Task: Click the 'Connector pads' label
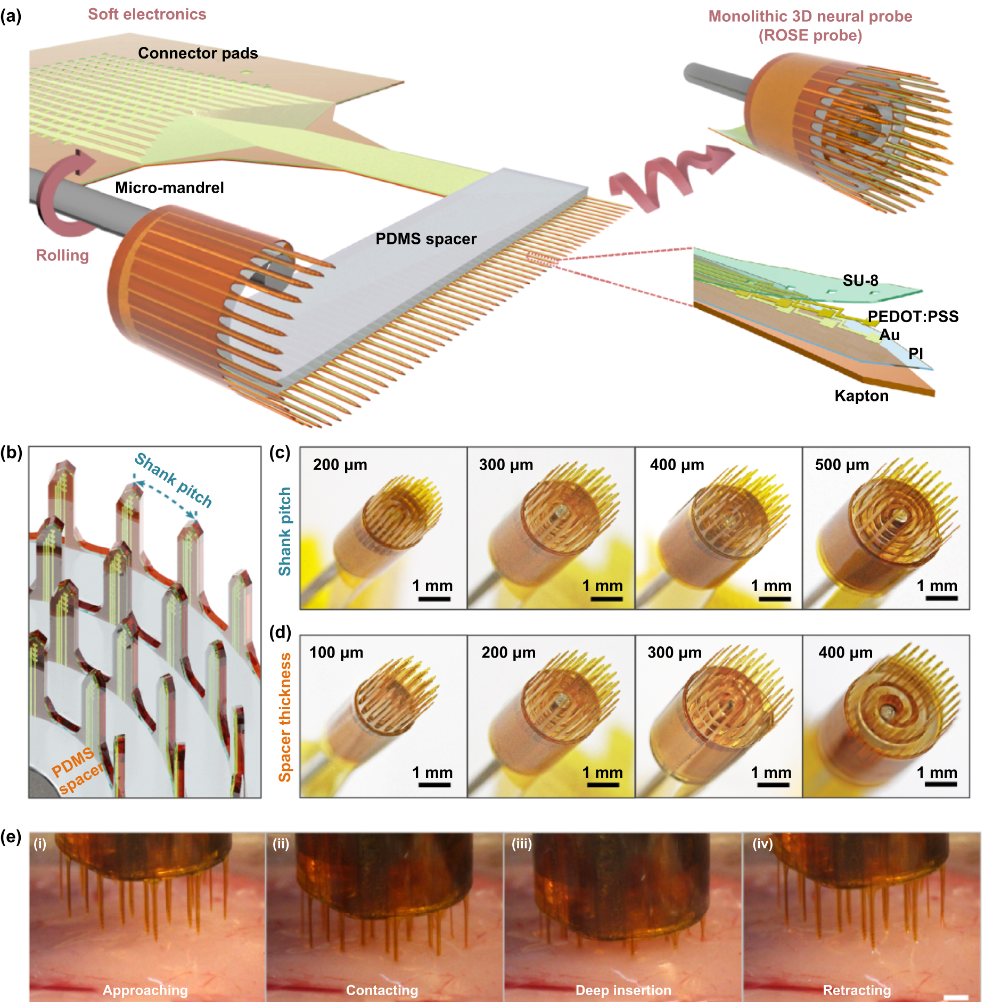point(198,53)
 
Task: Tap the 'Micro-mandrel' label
point(169,187)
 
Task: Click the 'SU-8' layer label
point(860,281)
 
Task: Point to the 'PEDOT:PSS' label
point(913,316)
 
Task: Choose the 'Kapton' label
point(861,396)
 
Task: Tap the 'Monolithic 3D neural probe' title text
point(810,17)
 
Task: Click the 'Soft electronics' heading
point(147,14)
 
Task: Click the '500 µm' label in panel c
point(842,465)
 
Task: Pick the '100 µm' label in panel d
point(336,653)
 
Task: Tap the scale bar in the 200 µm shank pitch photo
point(434,599)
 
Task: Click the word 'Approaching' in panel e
point(145,990)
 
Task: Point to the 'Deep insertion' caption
point(623,990)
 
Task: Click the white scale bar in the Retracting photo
point(955,997)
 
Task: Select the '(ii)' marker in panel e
point(281,844)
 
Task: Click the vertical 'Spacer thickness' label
point(285,717)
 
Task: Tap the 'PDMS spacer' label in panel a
point(426,239)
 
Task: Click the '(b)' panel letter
point(11,453)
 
